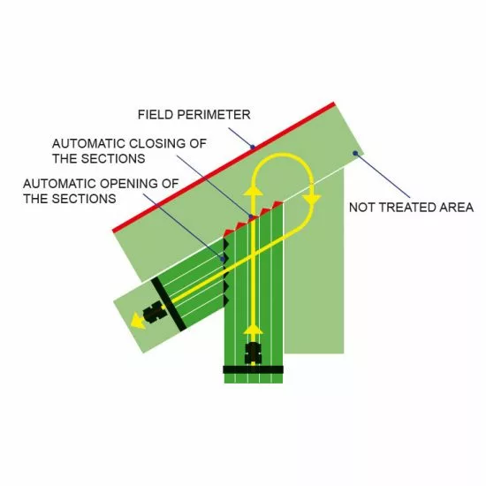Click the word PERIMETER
pyautogui.click(x=214, y=115)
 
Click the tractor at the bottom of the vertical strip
pyautogui.click(x=254, y=353)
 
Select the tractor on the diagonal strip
pyautogui.click(x=154, y=312)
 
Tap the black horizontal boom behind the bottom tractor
pyautogui.click(x=254, y=369)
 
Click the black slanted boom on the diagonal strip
pyautogui.click(x=169, y=304)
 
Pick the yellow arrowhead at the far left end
pyautogui.click(x=137, y=321)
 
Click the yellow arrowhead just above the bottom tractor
pyautogui.click(x=254, y=330)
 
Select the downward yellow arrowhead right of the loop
pyautogui.click(x=312, y=200)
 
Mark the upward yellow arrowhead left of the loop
pyautogui.click(x=254, y=190)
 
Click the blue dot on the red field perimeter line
pyautogui.click(x=253, y=147)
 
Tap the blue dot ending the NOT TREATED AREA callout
pyautogui.click(x=355, y=153)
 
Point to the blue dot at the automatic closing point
pyautogui.click(x=251, y=216)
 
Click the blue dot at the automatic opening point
pyautogui.click(x=223, y=259)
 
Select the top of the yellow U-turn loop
pyautogui.click(x=283, y=155)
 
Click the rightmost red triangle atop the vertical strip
pyautogui.click(x=277, y=205)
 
